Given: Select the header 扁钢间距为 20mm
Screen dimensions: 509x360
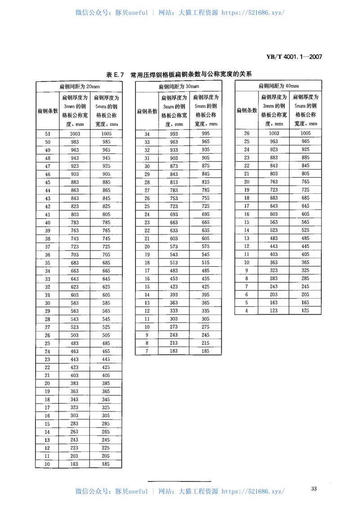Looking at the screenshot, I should (79, 86).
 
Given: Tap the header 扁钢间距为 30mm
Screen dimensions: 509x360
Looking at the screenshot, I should (179, 86).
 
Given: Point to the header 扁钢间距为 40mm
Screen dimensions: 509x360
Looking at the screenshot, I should (279, 86).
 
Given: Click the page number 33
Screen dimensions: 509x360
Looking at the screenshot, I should (314, 489).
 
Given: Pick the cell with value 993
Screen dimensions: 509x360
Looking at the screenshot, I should (174, 134).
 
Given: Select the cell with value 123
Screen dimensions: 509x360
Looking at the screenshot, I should (274, 311).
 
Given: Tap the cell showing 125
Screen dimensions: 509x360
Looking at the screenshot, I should (306, 311).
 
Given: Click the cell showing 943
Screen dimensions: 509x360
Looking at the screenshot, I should (74, 158).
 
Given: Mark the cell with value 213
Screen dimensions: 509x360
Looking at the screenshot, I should (174, 343).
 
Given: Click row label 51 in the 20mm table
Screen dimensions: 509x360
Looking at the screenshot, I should (47, 134).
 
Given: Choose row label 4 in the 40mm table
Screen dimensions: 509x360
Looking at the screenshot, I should (247, 311).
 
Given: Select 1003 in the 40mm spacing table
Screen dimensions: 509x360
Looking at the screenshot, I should (274, 133).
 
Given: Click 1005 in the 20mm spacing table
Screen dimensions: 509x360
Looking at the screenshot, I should (106, 134).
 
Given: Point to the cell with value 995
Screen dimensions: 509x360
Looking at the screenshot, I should (206, 134).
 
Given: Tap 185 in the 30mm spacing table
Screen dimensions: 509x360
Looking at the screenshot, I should (206, 351).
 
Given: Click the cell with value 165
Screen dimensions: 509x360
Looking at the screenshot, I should (306, 303).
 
